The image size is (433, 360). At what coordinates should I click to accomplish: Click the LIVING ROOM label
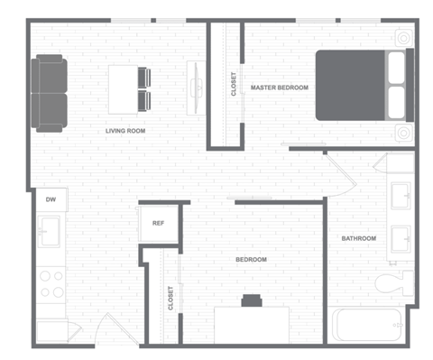click(x=125, y=131)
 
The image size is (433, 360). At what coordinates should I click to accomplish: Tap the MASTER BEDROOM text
click(x=280, y=88)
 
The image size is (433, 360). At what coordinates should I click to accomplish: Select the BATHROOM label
click(x=358, y=238)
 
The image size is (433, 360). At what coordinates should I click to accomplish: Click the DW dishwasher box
click(x=51, y=199)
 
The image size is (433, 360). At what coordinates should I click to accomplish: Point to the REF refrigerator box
click(x=158, y=223)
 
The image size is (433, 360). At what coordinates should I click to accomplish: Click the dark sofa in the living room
click(x=49, y=93)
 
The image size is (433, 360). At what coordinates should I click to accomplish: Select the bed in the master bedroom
click(x=361, y=84)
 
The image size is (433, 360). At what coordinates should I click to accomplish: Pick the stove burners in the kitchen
click(x=52, y=284)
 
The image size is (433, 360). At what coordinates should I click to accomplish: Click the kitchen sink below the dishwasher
click(x=50, y=233)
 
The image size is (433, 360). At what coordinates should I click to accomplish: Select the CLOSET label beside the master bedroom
click(x=234, y=84)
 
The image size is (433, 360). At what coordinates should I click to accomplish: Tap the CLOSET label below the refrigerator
click(x=170, y=299)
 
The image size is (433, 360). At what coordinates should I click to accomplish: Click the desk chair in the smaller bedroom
click(x=251, y=300)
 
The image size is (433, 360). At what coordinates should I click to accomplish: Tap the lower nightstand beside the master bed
click(x=402, y=133)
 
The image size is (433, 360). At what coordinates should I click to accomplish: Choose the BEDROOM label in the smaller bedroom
click(x=251, y=260)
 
